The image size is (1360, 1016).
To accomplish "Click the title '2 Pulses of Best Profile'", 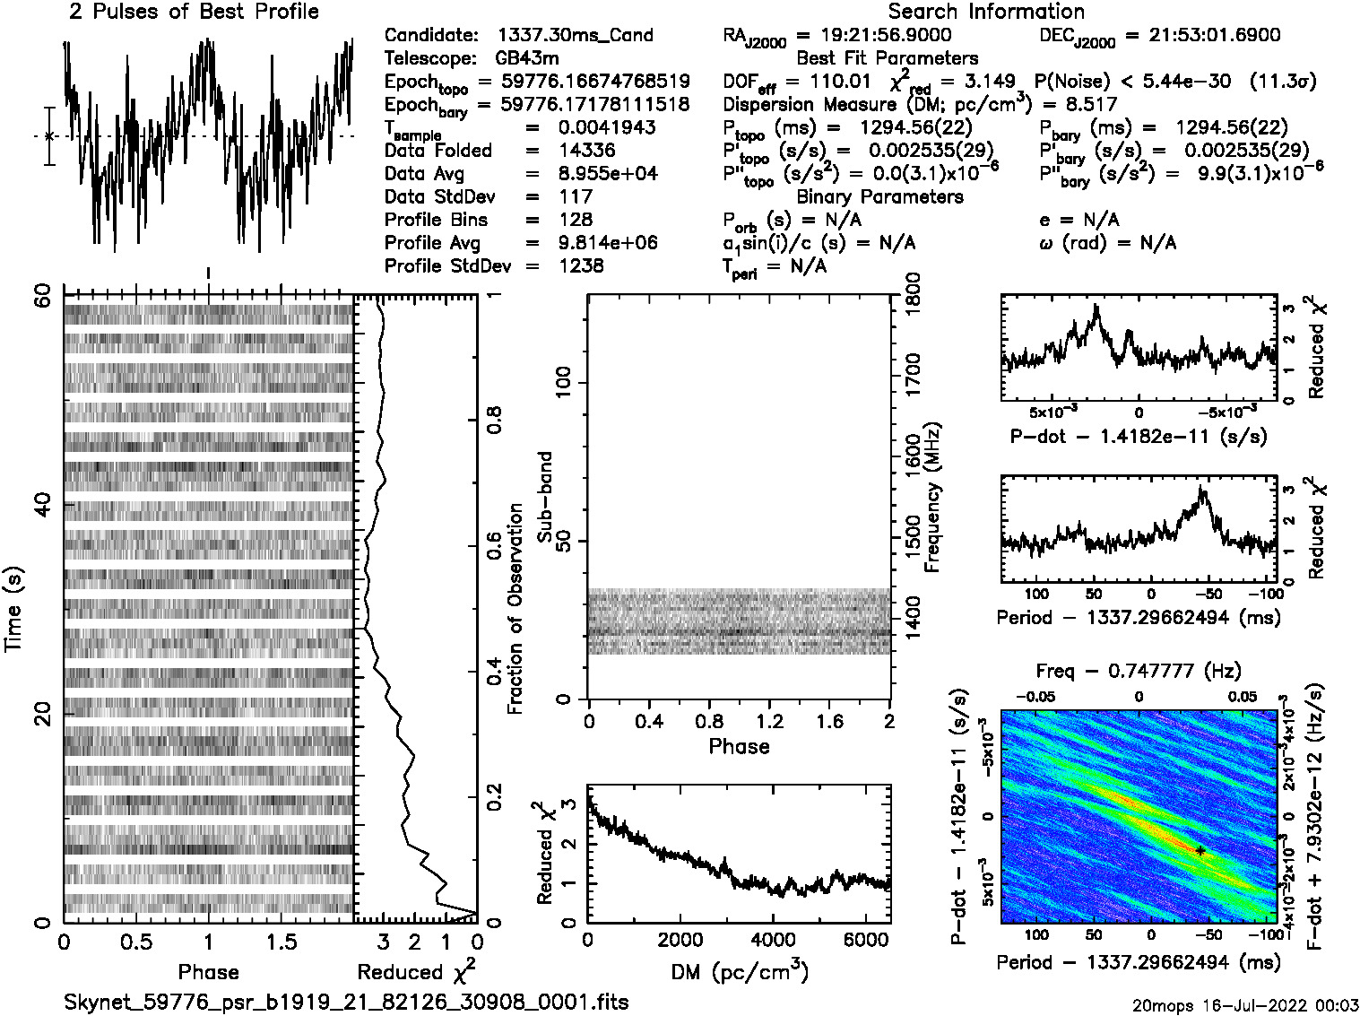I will pos(194,13).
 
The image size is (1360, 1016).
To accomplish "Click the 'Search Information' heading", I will pos(986,13).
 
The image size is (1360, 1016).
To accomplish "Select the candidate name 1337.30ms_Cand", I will pos(575,36).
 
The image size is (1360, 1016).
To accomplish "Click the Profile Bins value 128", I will pos(575,221).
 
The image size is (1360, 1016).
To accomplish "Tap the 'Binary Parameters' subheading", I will pos(880,197).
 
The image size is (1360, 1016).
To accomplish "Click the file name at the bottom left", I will pos(346,1002).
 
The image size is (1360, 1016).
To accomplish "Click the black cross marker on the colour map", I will pos(1200,850).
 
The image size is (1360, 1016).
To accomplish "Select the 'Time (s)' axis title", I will pos(13,609).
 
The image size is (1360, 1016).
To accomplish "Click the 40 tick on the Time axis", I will pos(42,504).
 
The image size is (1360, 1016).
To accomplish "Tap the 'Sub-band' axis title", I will pos(544,497).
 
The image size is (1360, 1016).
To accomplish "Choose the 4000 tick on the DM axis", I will pos(772,940).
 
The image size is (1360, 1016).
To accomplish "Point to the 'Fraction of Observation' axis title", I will pos(515,609).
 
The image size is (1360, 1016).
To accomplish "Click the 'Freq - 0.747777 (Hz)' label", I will pos(1139,671).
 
